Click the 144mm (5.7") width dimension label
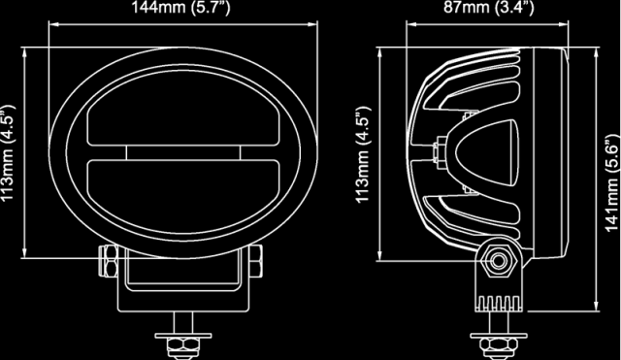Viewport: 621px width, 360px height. (x=180, y=8)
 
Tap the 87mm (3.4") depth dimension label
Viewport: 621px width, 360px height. (x=489, y=8)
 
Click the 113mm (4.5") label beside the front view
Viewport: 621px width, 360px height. (x=8, y=153)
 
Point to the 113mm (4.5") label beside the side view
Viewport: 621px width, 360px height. (x=363, y=154)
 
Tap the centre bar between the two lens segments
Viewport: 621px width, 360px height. (x=183, y=153)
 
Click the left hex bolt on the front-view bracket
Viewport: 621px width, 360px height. (x=108, y=260)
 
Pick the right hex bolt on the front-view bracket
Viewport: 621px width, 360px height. (x=256, y=261)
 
